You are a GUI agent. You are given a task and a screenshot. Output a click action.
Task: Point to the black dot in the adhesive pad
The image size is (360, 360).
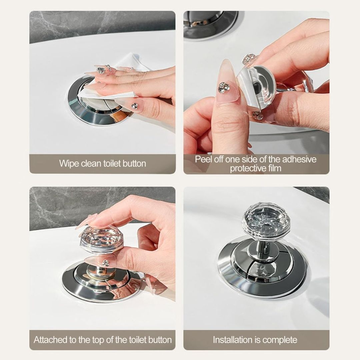pyautogui.click(x=257, y=87)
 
